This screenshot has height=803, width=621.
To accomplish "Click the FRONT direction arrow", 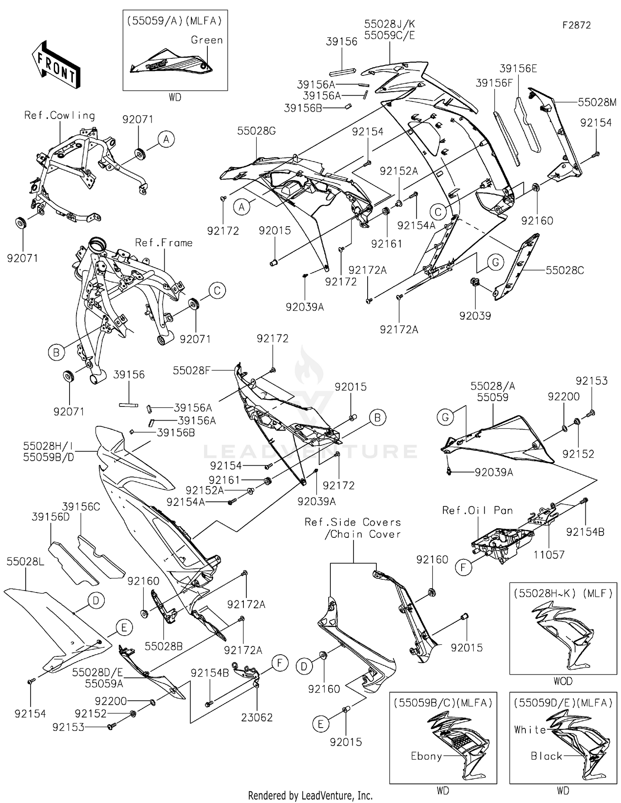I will (56, 65).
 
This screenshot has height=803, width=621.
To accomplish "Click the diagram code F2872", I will (576, 25).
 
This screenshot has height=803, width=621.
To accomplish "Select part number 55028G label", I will (256, 131).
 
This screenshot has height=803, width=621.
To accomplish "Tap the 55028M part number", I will (597, 102).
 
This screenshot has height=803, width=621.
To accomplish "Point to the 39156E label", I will (518, 69).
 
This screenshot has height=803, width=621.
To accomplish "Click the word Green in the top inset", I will (207, 40).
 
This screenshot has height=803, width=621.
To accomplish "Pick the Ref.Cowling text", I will (60, 116).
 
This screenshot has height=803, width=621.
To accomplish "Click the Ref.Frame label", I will (164, 243).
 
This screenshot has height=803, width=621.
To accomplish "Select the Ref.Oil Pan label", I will (477, 510).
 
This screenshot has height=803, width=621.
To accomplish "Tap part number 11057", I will (549, 554).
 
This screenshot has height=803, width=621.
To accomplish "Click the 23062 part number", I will (257, 718).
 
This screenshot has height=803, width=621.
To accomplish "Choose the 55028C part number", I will (565, 271).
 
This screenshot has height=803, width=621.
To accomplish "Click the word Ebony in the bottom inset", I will (426, 756).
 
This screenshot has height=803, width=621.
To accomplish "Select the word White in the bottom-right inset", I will (530, 730).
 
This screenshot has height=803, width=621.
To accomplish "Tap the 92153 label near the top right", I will (592, 381).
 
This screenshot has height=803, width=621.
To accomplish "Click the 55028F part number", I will (192, 370).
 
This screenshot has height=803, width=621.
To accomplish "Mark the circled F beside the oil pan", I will (463, 568).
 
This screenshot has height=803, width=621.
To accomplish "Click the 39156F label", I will (494, 83).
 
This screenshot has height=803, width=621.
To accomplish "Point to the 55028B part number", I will (164, 646).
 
